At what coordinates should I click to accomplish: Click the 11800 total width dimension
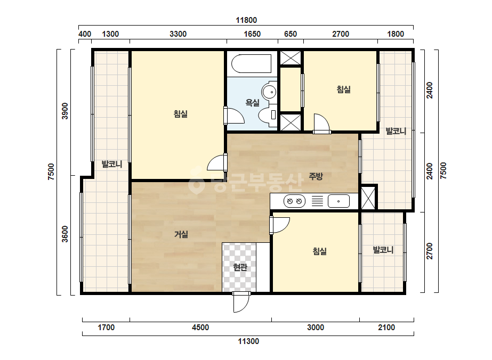246,20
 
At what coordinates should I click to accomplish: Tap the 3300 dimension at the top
178,34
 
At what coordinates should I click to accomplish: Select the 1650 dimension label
252,34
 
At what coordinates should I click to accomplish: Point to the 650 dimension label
290,34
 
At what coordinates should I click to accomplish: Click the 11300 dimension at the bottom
248,341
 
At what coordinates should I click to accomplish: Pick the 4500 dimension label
200,328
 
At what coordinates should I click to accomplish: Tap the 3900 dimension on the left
64,111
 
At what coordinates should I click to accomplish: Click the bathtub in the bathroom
252,64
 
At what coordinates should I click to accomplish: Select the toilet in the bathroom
268,114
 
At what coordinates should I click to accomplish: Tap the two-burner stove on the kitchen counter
294,201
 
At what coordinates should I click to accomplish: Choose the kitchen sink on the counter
338,201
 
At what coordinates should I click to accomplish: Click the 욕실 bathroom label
252,103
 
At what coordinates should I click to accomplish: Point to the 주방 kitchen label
316,176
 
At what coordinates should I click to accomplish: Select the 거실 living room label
181,234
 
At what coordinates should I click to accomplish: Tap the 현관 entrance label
240,267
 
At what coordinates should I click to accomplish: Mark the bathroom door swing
234,116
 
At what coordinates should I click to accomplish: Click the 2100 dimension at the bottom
386,328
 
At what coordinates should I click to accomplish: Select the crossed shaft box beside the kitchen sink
368,198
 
